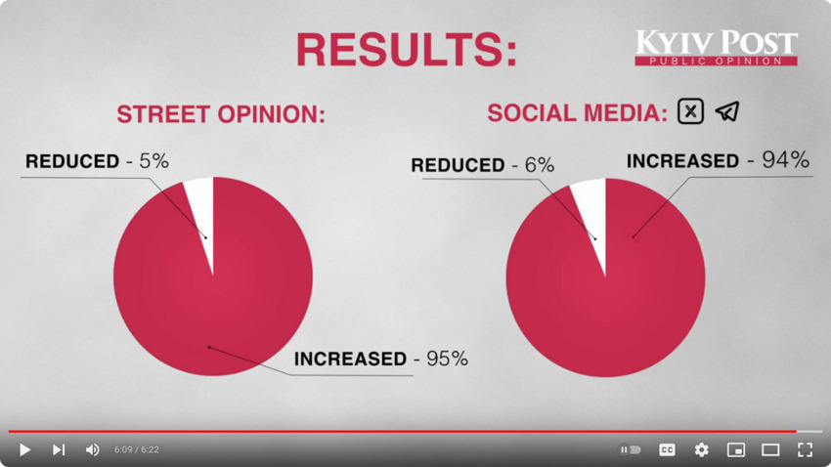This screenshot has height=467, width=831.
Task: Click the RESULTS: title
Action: coord(406,49)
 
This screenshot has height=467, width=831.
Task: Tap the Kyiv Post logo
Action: coord(716,47)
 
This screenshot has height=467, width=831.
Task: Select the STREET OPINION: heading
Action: coord(221,114)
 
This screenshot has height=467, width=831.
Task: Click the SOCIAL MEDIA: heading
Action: coord(577,112)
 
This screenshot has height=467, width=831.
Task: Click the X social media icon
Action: coord(690,111)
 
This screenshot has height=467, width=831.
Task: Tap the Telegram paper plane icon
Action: coord(726,111)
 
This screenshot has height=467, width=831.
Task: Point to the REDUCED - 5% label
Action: coord(97,162)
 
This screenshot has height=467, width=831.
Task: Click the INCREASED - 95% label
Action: coord(381,359)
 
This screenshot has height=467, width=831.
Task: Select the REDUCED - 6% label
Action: coord(482,165)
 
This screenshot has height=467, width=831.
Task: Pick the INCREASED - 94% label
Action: coord(718,160)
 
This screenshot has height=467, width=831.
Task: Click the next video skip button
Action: coord(59,449)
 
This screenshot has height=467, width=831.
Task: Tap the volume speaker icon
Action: coord(92,449)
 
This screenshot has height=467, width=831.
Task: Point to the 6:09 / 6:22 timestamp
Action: coord(136,449)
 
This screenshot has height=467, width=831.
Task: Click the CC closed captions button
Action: coord(667,449)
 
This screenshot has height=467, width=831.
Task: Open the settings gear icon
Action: coord(701,449)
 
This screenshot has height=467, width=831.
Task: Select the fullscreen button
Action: coord(805,449)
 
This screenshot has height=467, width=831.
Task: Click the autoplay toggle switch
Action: coord(632,449)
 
